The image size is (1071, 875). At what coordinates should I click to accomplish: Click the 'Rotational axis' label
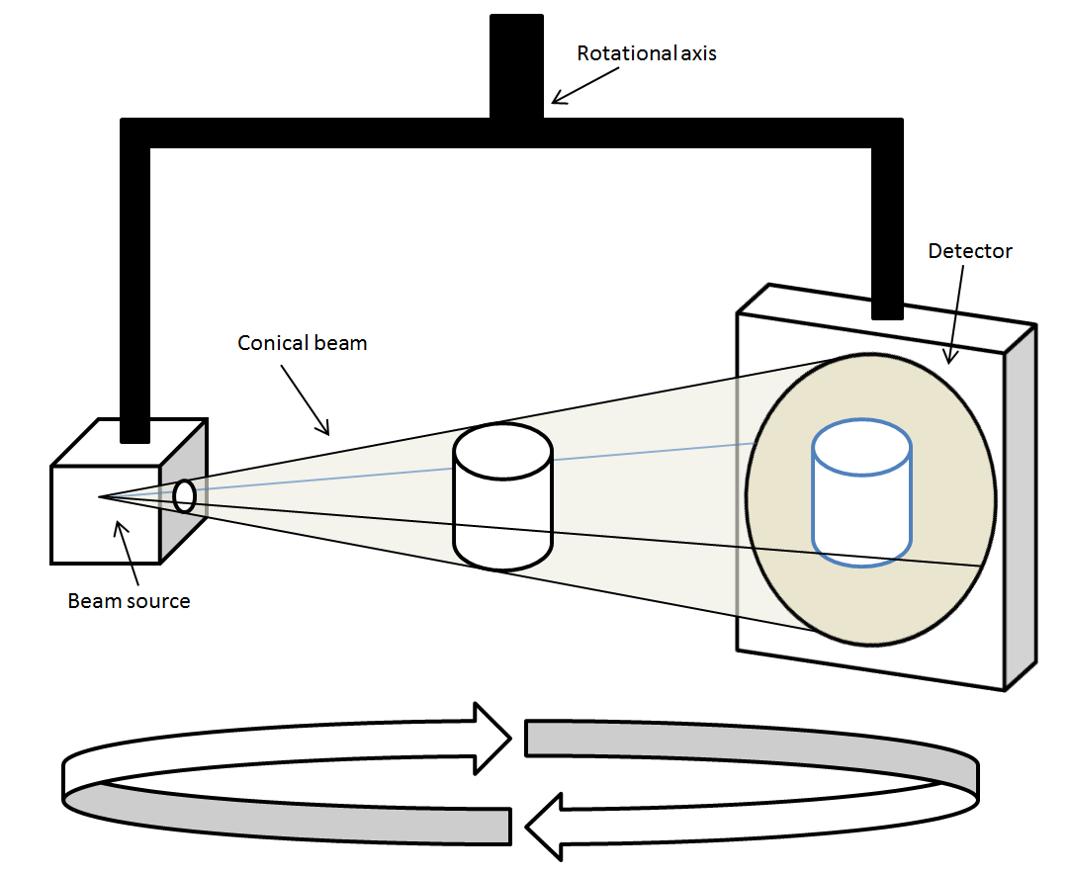tap(647, 53)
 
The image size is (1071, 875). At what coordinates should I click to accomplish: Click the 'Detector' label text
tap(970, 251)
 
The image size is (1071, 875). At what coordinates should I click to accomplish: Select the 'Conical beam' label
tap(303, 343)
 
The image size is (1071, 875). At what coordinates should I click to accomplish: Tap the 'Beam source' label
tap(129, 600)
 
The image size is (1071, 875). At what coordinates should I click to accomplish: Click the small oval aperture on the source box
tap(184, 496)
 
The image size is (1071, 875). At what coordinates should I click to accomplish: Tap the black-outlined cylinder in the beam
tap(502, 497)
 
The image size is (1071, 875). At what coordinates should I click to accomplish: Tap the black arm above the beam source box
tap(134, 297)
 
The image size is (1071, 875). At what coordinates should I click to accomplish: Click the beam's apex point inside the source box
tap(99, 496)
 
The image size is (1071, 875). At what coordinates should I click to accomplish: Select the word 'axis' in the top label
tap(697, 53)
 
